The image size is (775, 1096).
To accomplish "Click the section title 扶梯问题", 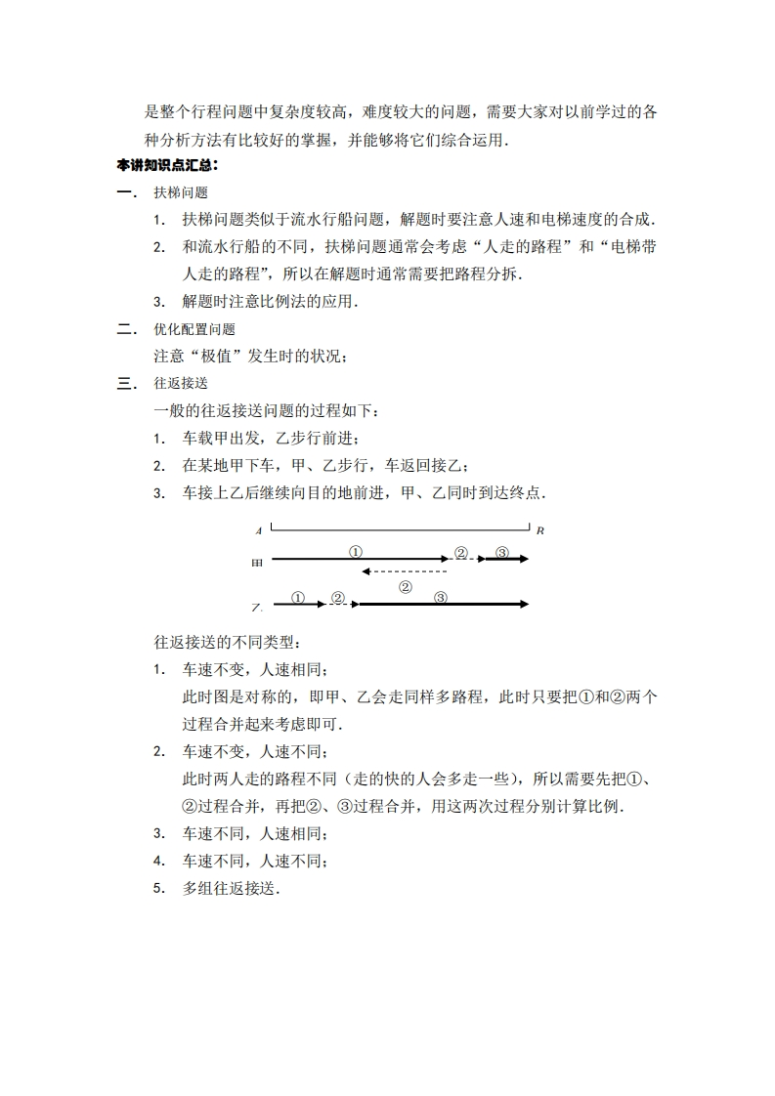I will (181, 193).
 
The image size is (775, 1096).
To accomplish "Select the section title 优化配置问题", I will (194, 330).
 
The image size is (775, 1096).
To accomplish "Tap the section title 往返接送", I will (181, 384).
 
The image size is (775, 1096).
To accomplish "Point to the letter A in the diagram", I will (258, 531).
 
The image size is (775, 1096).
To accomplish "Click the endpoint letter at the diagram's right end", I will (539, 530).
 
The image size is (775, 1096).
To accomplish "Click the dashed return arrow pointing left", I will (404, 571).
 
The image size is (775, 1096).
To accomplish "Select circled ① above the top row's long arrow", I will (356, 552).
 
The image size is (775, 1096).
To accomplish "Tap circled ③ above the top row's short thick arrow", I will (502, 552).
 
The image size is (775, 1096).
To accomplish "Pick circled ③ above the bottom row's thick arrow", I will (441, 597).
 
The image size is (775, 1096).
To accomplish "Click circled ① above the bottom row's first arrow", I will (298, 597).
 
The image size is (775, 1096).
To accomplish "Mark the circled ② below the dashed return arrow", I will (406, 587).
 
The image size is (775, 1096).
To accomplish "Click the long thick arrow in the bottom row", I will (441, 605).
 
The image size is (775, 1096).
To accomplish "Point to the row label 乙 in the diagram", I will (257, 608).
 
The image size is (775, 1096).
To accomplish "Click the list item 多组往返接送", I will (231, 889).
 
